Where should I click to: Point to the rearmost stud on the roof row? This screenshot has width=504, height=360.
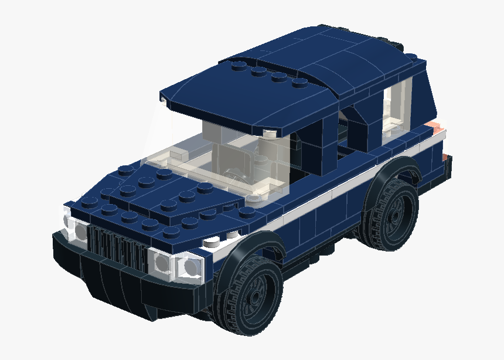(x=299, y=82)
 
